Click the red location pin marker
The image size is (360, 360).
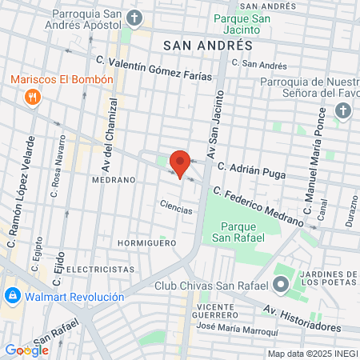180,164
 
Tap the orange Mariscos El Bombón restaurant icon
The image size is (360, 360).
33,98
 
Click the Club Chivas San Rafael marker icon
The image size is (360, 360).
281,285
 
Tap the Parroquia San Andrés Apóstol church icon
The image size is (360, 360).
134,17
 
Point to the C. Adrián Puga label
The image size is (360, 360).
251,169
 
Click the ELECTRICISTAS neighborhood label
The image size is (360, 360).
98,269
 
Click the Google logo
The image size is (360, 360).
26,350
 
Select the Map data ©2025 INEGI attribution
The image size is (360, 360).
312,354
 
